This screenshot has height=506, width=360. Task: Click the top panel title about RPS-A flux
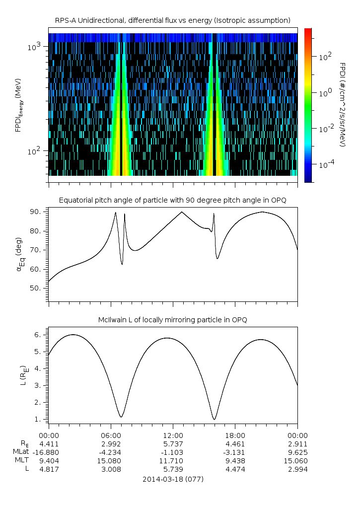click(x=172, y=20)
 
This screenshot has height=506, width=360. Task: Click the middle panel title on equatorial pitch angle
click(x=172, y=200)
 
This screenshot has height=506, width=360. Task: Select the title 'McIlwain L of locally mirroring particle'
click(x=172, y=320)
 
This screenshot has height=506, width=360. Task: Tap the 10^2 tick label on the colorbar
click(x=324, y=57)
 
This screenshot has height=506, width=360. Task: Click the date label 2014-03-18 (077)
click(x=173, y=479)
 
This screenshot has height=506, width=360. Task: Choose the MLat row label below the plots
click(x=21, y=452)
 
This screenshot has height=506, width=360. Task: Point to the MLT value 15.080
click(x=110, y=460)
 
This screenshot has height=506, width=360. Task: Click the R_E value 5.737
click(x=173, y=443)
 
